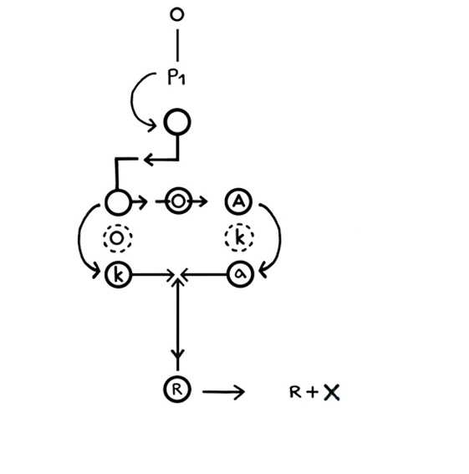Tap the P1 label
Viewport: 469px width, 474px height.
tap(176, 77)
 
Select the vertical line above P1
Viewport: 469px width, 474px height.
tap(177, 45)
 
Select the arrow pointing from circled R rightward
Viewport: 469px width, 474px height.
tap(223, 392)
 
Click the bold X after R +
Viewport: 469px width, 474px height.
tap(332, 392)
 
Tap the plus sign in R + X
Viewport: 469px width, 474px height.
tap(312, 392)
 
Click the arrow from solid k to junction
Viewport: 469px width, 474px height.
tap(153, 275)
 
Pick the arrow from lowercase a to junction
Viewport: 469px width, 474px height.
tap(204, 274)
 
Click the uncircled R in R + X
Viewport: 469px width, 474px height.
tap(295, 392)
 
